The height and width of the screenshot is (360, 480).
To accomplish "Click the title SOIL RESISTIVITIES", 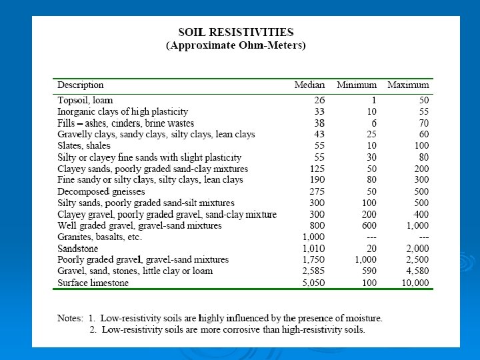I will [x=235, y=32].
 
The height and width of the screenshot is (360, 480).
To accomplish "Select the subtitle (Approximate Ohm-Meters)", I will [x=235, y=45].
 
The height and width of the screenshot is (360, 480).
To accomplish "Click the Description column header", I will [x=81, y=85].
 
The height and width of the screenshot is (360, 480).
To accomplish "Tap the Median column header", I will [x=310, y=85].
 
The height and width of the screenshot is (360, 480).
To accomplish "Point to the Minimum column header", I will [x=357, y=85].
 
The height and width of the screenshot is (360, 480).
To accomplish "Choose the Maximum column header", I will [x=408, y=85].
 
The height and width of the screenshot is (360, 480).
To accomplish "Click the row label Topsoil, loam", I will [x=85, y=100].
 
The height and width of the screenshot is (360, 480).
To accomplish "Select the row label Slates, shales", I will [x=84, y=145].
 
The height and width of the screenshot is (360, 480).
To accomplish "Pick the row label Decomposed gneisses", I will [x=100, y=191].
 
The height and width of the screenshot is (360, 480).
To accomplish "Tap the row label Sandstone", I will [x=77, y=249].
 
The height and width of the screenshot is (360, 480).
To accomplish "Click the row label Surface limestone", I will [x=93, y=283].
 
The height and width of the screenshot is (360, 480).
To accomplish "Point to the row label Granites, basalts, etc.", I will [x=99, y=237].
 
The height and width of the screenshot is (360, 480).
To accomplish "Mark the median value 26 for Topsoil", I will [x=319, y=100].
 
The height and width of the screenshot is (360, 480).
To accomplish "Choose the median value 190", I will [x=317, y=179].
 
